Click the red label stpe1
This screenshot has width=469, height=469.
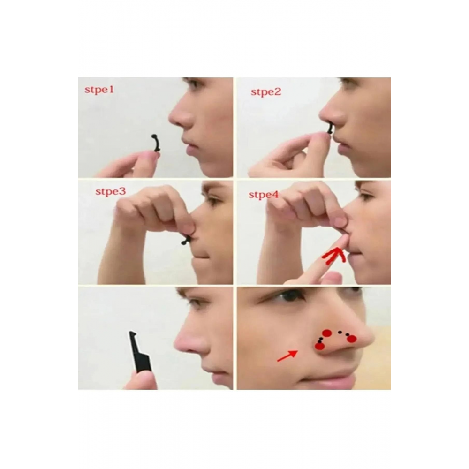[99, 90]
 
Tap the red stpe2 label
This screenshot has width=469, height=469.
[266, 92]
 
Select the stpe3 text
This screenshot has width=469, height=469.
[110, 191]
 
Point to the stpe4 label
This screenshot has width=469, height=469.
[263, 195]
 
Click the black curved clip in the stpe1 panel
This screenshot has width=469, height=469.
[155, 144]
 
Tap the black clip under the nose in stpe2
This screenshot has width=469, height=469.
[330, 129]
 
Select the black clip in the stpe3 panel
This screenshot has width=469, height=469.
[186, 240]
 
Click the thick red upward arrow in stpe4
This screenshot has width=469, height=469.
[335, 256]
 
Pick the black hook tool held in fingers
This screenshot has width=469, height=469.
[139, 352]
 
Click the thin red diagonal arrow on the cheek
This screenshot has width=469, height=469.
[287, 356]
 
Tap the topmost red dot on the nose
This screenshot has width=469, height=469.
[327, 333]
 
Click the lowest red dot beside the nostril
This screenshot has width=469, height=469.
[320, 347]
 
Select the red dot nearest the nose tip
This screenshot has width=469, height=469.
[352, 339]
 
